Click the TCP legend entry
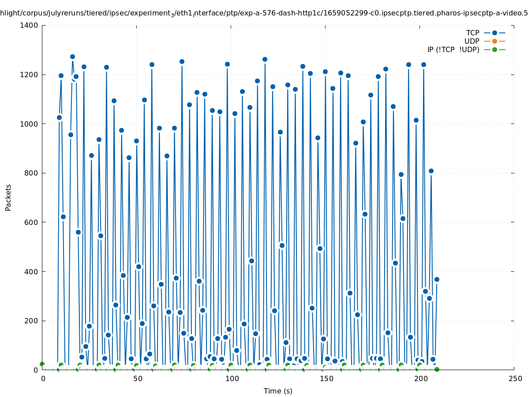coord(472,33)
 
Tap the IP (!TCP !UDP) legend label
coord(453,49)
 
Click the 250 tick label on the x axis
coord(515,379)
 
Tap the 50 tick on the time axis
coord(138,379)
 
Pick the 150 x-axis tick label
coord(326,379)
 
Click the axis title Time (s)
coord(278,391)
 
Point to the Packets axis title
coord(8,197)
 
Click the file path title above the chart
coord(264,13)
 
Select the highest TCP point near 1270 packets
coord(72,57)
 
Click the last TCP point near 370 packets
coord(437,279)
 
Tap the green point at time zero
coord(42,364)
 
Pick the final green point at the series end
coord(437,369)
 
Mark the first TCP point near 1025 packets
coord(59,117)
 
